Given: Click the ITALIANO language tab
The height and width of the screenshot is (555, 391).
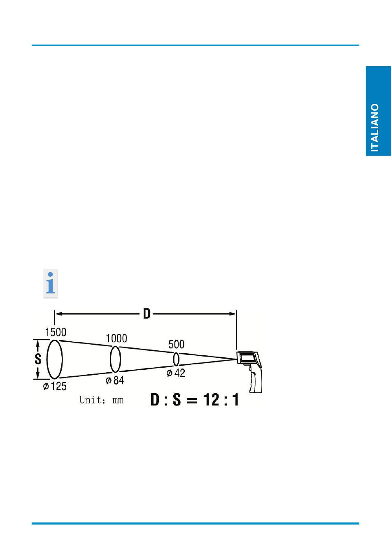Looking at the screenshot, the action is [378, 111].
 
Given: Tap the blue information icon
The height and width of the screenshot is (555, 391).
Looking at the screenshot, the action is [51, 283].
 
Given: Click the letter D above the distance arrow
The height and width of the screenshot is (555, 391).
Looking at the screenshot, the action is [147, 314].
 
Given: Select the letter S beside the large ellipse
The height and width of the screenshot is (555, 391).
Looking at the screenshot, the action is [38, 359].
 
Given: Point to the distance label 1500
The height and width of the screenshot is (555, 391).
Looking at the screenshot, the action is [56, 332].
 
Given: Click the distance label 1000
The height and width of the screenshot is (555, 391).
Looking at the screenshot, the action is [116, 338].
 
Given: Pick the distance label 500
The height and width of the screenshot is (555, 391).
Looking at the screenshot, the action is [176, 344].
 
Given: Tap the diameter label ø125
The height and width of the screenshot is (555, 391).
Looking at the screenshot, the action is [55, 386].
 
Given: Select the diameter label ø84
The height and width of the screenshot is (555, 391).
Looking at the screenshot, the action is [115, 380].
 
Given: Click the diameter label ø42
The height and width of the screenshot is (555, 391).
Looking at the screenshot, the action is [176, 373].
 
